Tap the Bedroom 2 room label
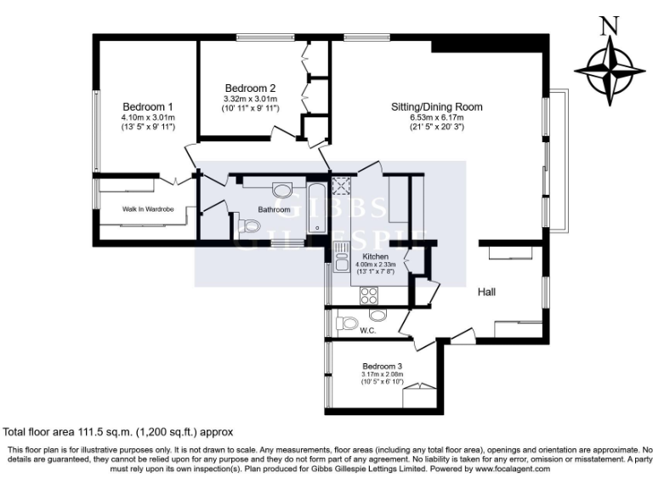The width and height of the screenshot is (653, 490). click(250, 88)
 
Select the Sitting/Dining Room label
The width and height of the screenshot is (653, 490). click(436, 106)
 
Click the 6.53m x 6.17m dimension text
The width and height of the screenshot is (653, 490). click(436, 117)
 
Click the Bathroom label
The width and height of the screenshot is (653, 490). click(275, 210)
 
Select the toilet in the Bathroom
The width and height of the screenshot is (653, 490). click(248, 225)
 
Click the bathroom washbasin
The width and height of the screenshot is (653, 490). click(281, 190)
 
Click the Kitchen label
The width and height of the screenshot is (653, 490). click(375, 256)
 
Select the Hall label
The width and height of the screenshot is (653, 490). click(486, 292)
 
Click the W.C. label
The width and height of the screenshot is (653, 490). click(368, 330)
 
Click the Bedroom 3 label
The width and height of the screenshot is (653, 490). click(381, 365)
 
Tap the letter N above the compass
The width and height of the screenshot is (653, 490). click(609, 26)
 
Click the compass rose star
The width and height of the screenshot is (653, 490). click(609, 71)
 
